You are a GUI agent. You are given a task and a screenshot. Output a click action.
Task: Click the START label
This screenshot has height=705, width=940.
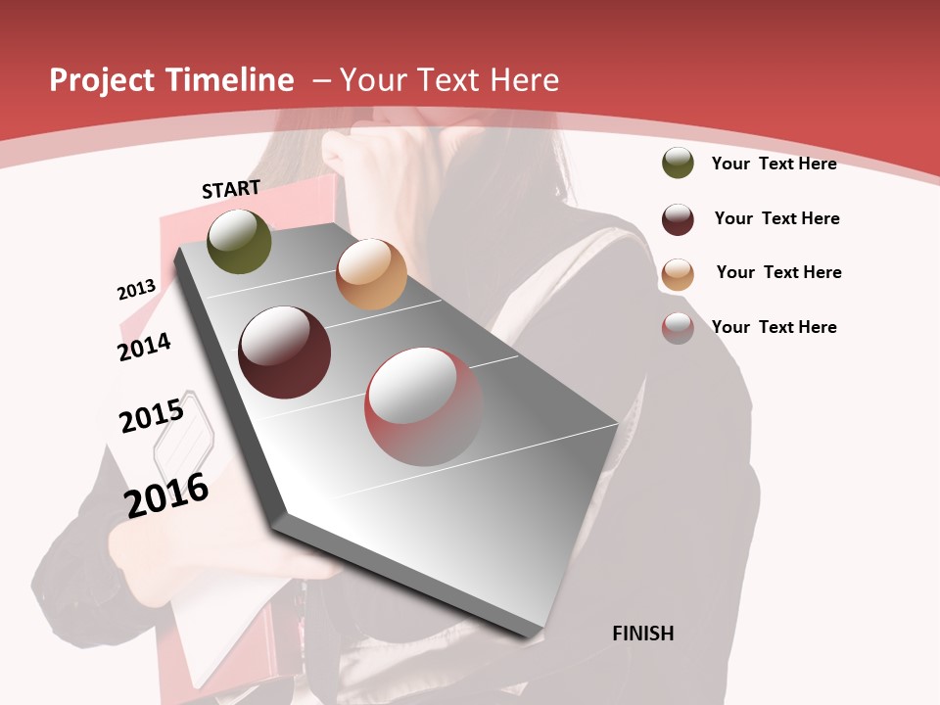[231, 189]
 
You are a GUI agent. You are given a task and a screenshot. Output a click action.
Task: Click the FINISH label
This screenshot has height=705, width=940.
[642, 634]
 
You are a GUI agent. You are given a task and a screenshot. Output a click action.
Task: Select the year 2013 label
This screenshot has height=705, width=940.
[136, 290]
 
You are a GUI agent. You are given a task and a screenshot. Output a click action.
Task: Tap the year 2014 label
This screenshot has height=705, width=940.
[144, 348]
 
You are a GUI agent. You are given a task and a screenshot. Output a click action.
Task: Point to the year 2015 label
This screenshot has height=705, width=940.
[152, 416]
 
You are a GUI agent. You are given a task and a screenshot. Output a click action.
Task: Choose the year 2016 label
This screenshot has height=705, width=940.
[166, 495]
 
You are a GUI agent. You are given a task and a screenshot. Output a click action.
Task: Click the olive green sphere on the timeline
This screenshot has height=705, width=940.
[239, 241]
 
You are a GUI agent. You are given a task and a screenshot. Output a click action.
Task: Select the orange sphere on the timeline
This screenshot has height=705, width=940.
[371, 274]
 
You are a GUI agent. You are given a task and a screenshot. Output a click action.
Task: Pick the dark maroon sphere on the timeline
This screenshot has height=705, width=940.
[285, 352]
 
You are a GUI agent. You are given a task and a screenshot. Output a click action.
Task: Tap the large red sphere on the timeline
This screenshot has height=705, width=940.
[424, 406]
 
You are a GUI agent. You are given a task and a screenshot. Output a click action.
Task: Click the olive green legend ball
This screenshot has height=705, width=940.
[678, 164]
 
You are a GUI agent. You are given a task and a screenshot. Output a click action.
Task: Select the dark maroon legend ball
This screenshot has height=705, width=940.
[678, 219]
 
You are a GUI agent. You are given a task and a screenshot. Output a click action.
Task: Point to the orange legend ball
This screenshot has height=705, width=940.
[678, 274]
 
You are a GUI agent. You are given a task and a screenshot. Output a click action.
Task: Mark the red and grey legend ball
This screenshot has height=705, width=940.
[678, 328]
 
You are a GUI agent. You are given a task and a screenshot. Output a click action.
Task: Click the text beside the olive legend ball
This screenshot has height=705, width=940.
[774, 164]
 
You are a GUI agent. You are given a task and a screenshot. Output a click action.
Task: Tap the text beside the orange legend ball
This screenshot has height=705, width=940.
[778, 272]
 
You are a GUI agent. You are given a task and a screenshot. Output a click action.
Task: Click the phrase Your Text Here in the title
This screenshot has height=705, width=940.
[449, 80]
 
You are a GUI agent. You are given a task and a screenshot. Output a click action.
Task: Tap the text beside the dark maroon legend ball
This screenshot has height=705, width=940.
[776, 218]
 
